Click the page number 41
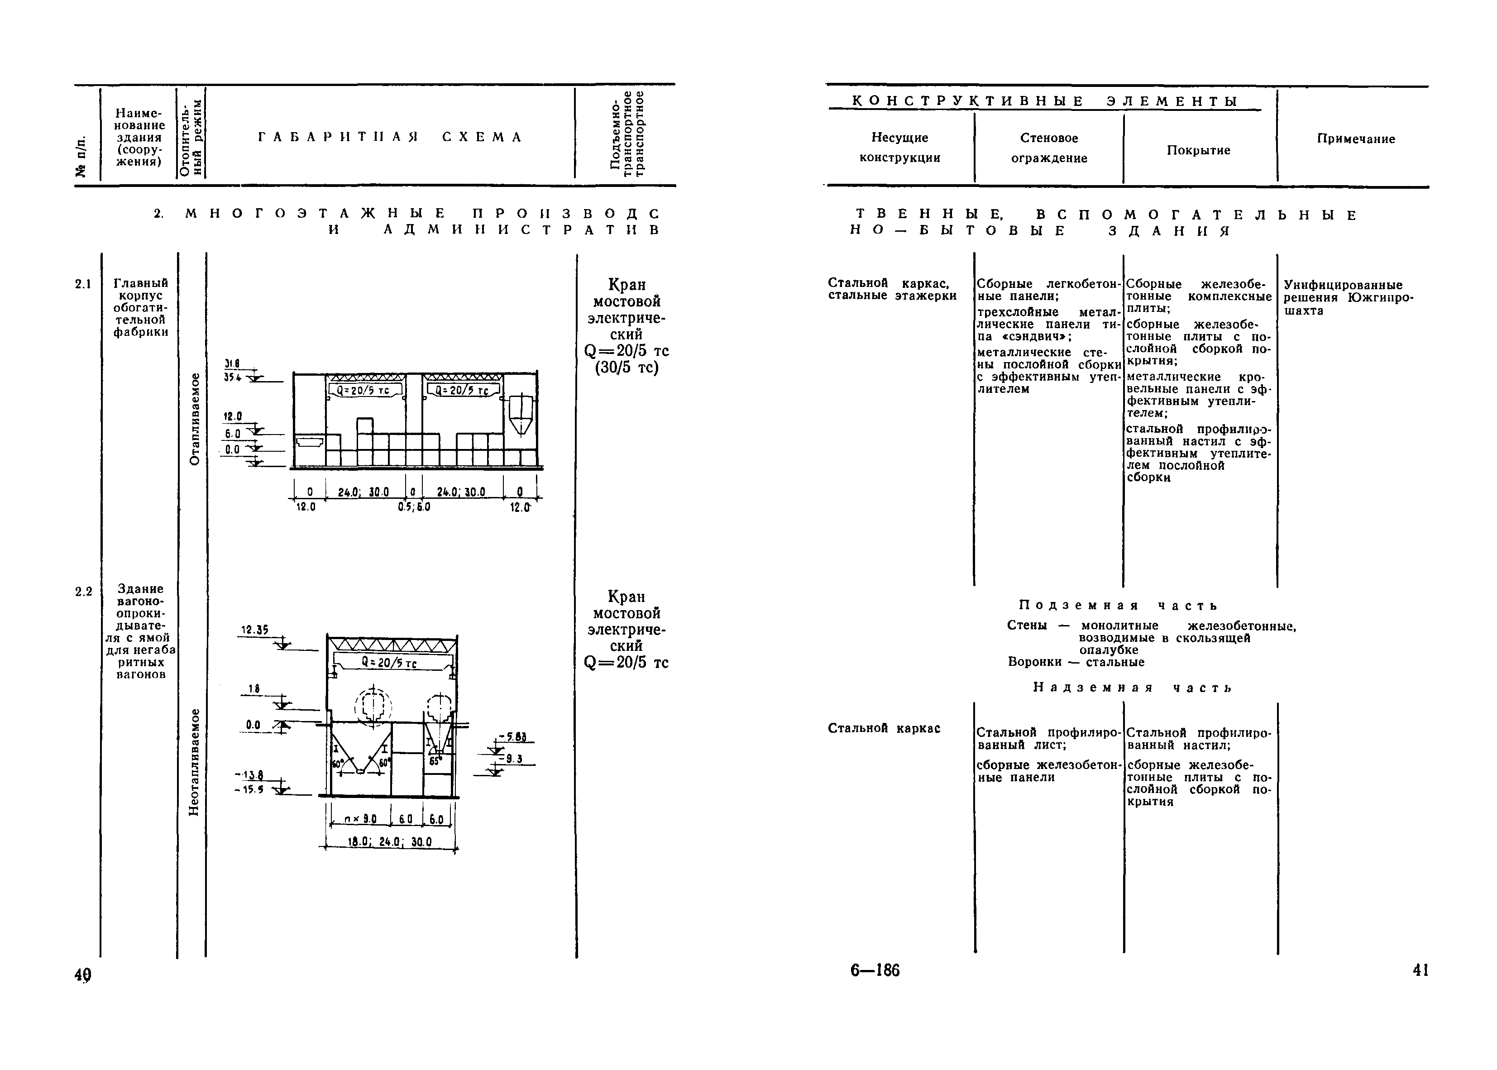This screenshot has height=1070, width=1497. tap(1420, 970)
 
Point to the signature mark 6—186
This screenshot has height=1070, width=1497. tap(875, 970)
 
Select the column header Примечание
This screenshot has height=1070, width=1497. tap(1356, 139)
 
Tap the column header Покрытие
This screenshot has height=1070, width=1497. tap(1199, 150)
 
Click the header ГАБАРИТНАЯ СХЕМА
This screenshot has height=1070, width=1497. tap(390, 137)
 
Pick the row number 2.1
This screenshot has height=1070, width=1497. tap(83, 284)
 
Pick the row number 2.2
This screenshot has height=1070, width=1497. tap(83, 592)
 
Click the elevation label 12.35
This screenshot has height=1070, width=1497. tap(254, 630)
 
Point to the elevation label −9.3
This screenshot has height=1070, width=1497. tap(514, 759)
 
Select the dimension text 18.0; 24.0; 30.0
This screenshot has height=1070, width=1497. tap(389, 842)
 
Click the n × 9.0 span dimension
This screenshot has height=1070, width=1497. tap(360, 819)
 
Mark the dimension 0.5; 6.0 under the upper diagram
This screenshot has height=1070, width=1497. tap(414, 507)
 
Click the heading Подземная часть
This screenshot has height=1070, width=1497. tap(1118, 605)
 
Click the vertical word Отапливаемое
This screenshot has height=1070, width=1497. tap(194, 419)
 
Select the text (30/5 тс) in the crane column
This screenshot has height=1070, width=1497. tap(627, 368)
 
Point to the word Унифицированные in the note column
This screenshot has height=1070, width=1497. tap(1343, 285)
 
